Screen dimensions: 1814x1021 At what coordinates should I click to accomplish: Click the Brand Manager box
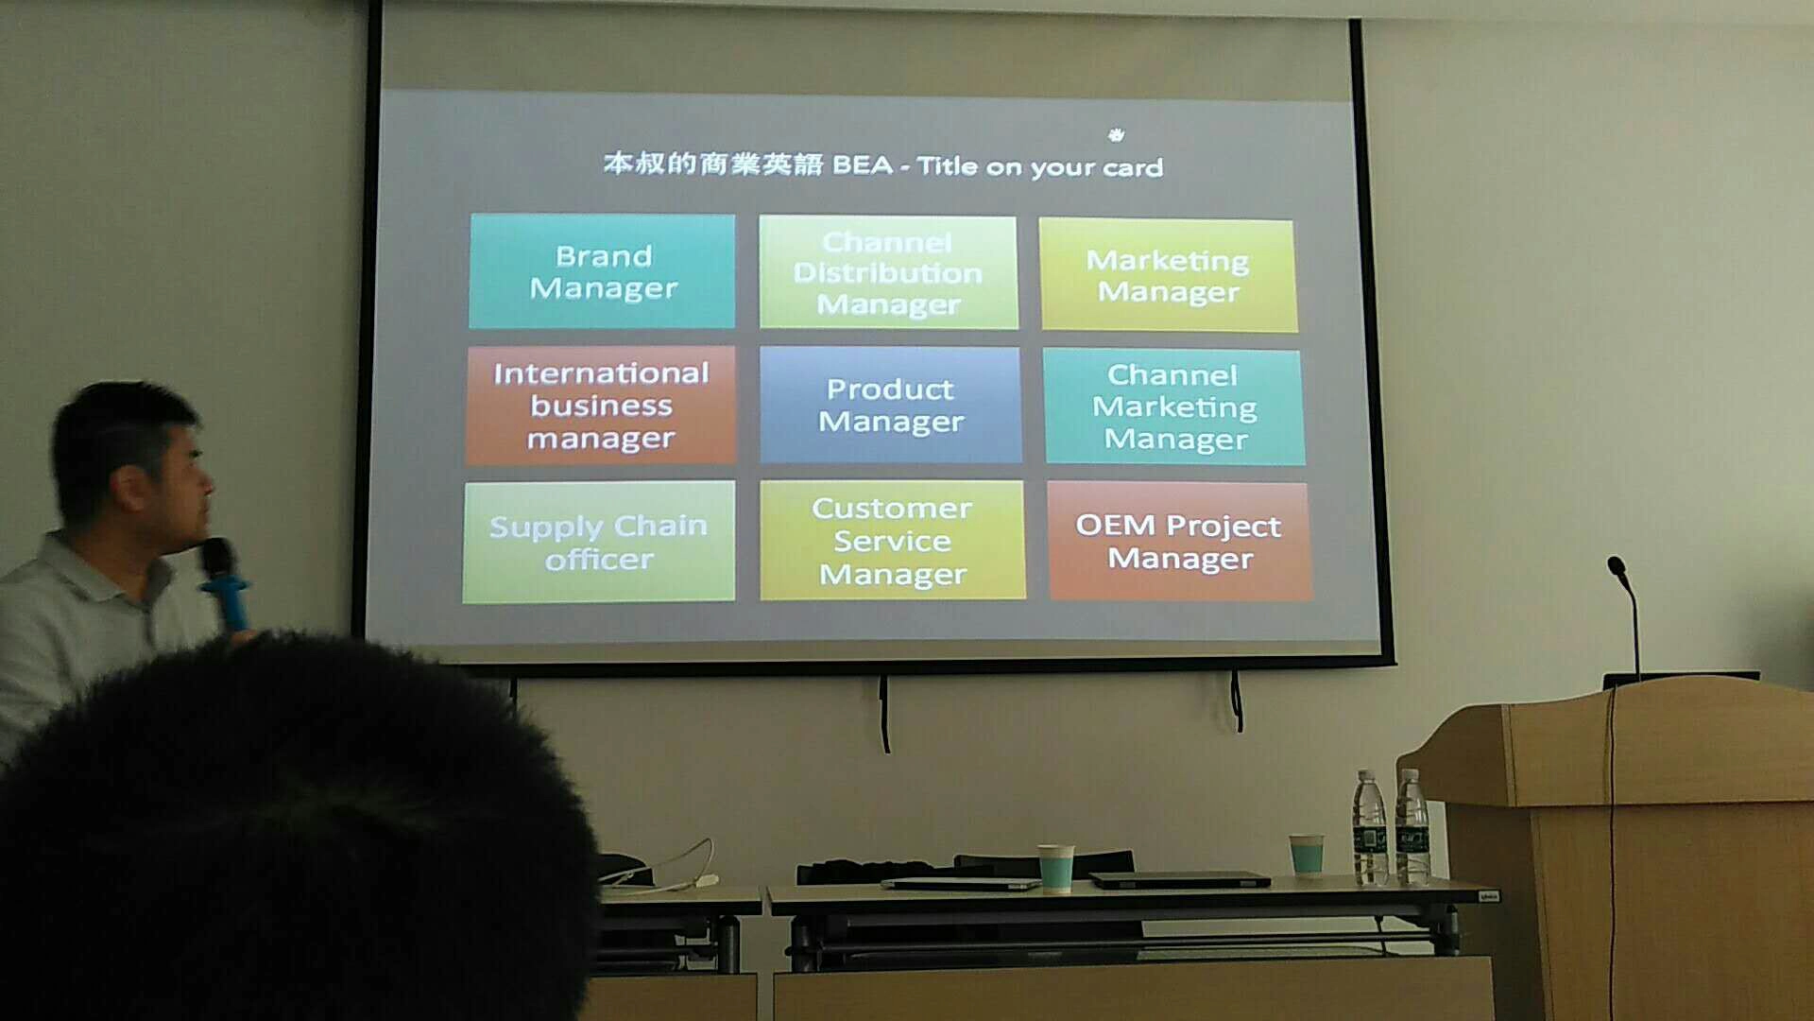(x=602, y=271)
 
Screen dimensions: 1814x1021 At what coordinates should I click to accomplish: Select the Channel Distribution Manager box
(x=888, y=272)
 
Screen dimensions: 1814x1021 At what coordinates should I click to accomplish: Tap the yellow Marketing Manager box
(x=1168, y=275)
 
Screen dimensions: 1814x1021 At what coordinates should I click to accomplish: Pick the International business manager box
(x=601, y=406)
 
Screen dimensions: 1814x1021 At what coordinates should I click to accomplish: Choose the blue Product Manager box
(x=890, y=405)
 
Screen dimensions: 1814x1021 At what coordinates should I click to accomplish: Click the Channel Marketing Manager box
(x=1174, y=407)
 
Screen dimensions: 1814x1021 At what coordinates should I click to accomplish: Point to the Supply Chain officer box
(x=599, y=542)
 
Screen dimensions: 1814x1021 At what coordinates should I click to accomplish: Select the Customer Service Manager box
(x=892, y=540)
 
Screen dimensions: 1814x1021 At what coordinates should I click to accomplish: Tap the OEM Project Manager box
(x=1179, y=541)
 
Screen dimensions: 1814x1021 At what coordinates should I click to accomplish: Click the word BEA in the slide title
(x=863, y=165)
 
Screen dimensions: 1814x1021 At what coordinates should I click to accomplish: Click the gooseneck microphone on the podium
(x=1627, y=614)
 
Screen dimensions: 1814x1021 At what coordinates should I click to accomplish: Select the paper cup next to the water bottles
(x=1307, y=856)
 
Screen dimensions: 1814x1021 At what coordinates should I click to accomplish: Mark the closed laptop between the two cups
(x=1179, y=880)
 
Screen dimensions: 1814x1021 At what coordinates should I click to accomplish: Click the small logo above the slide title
(x=1117, y=135)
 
